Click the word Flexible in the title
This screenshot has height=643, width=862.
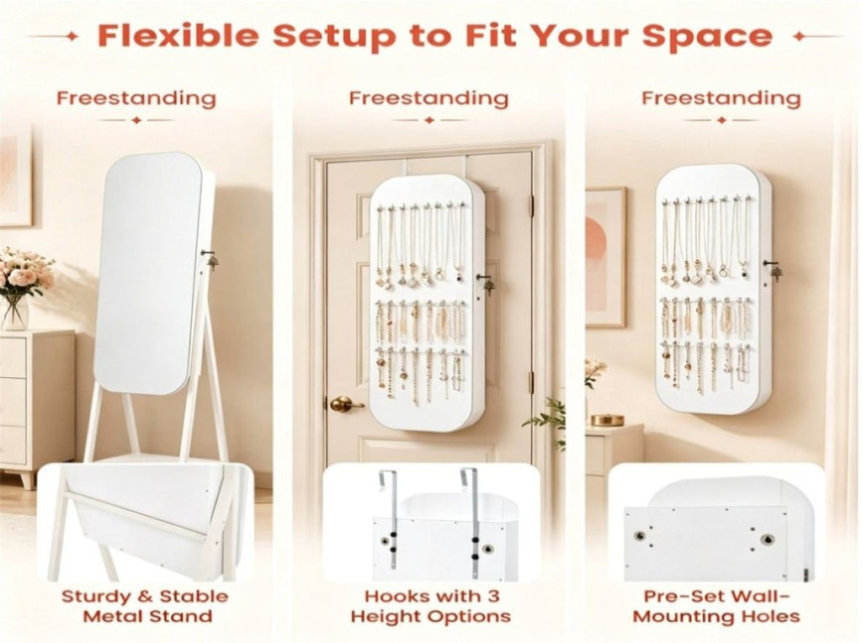point(178,35)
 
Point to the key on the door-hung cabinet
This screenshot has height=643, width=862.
point(486,283)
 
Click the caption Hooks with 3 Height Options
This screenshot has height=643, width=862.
point(431,606)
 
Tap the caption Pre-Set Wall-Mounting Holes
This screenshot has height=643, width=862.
point(716,606)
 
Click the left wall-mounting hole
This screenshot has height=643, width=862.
point(640,535)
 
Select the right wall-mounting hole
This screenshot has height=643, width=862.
point(767,539)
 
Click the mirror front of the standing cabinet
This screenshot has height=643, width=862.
point(146,274)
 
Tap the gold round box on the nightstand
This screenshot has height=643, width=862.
point(608,421)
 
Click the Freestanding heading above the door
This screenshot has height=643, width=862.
point(428,98)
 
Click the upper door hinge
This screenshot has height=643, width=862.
point(531,205)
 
